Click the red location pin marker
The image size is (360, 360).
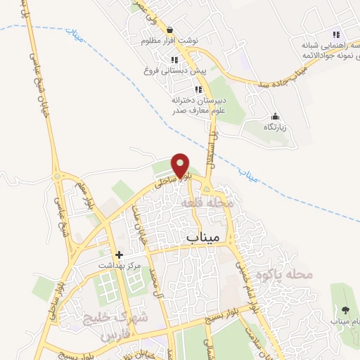(181, 165)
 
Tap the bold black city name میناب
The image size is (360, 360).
(205, 238)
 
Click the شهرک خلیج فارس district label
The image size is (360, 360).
(125, 326)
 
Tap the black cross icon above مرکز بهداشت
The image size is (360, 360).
(120, 255)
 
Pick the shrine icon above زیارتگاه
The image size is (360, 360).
(274, 116)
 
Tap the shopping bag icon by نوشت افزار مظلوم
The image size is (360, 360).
(170, 30)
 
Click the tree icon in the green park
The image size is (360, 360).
(345, 310)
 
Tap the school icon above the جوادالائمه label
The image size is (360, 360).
(336, 34)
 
